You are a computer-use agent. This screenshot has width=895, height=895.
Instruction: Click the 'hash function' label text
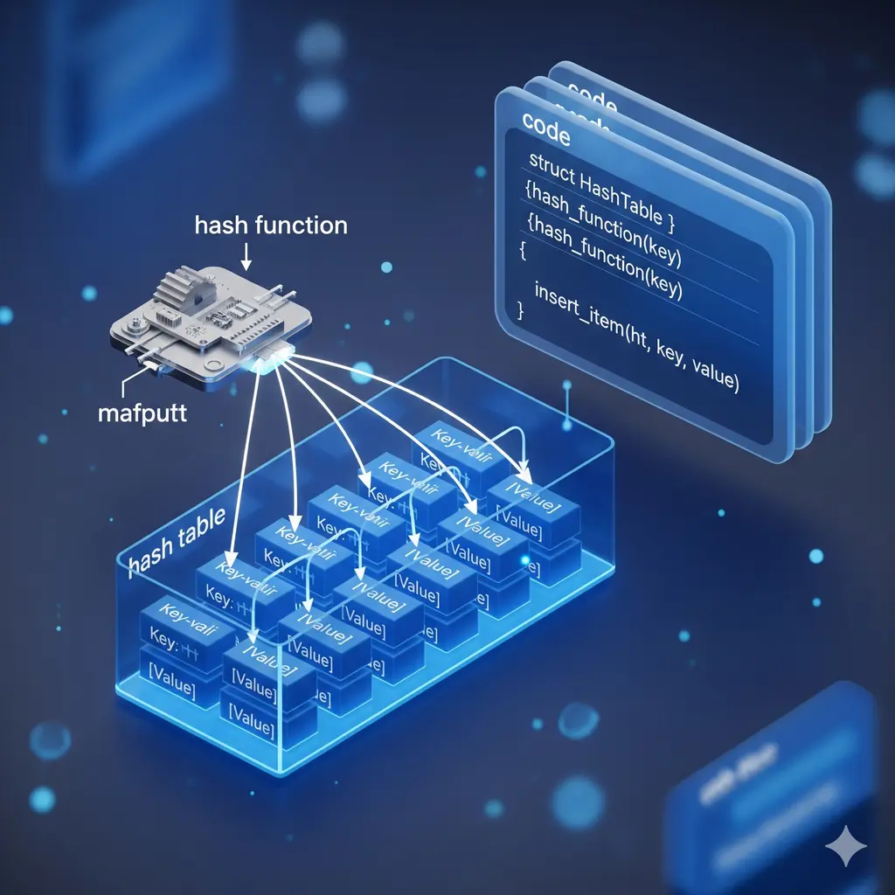[x=270, y=225]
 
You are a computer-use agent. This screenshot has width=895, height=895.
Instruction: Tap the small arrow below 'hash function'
[x=246, y=255]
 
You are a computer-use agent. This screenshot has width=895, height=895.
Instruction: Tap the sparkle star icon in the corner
[x=847, y=845]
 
